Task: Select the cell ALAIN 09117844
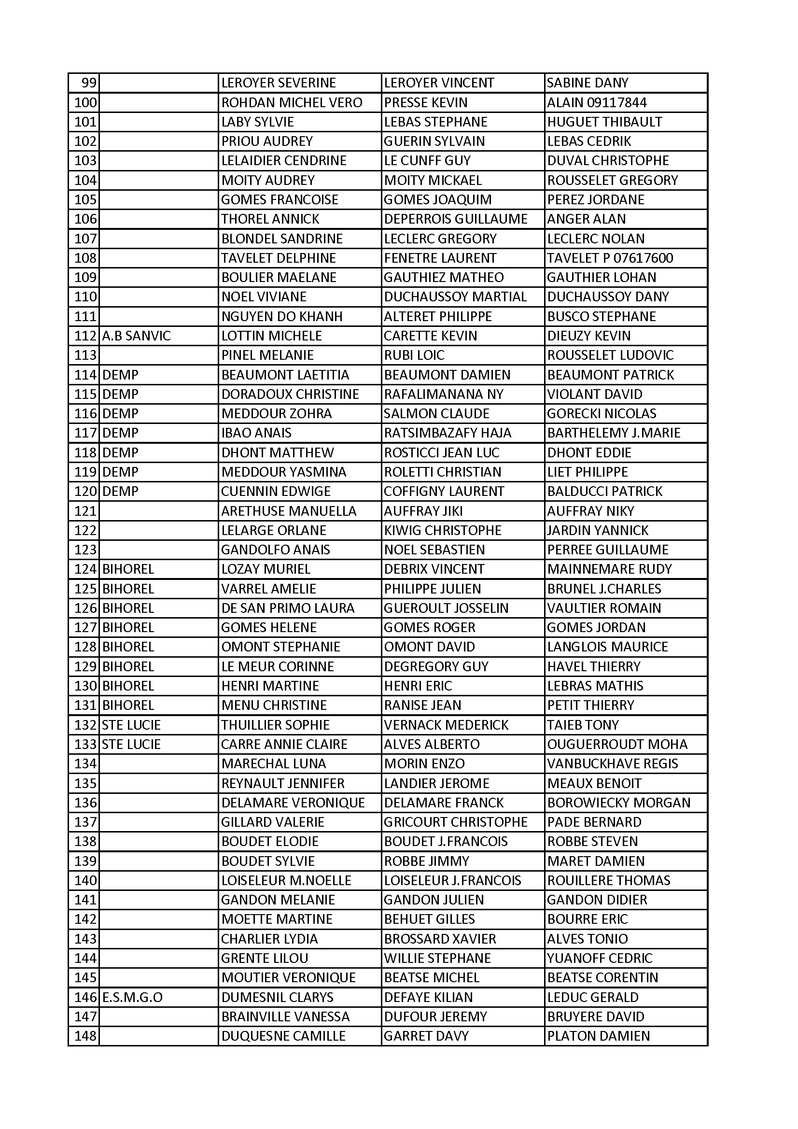(596, 102)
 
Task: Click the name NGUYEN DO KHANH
(282, 316)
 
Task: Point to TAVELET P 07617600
(610, 258)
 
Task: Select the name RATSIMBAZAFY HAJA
(448, 433)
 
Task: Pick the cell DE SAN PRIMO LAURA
(288, 608)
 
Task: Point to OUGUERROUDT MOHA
(617, 744)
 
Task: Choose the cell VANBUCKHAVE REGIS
(612, 763)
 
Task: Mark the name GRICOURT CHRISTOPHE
(455, 822)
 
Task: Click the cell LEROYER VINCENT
(438, 83)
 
